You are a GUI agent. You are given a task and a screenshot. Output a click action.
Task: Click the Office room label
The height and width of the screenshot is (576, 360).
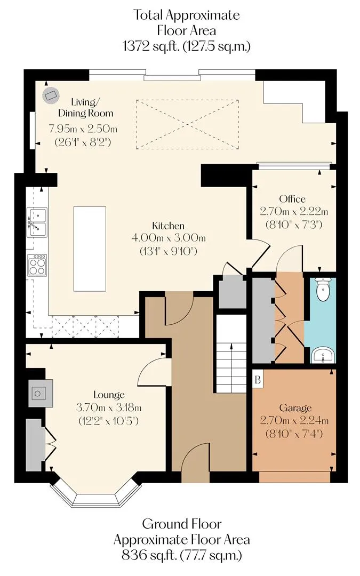point(292,199)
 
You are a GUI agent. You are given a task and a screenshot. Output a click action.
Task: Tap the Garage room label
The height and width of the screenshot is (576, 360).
point(295,408)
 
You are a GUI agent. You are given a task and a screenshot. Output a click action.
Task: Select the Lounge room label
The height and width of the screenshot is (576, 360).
point(109,395)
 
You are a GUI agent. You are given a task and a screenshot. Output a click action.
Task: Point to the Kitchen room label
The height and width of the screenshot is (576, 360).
point(168,226)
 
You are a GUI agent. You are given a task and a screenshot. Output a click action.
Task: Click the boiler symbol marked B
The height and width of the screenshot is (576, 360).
point(258,379)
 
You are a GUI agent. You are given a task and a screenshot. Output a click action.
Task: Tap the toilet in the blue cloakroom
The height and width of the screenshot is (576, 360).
point(323,289)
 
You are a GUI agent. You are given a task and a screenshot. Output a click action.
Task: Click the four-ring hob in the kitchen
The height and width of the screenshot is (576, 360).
point(37,265)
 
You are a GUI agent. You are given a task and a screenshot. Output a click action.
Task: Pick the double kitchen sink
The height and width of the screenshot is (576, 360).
point(37,222)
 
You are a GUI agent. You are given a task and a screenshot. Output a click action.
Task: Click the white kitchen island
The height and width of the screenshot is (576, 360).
point(90,249)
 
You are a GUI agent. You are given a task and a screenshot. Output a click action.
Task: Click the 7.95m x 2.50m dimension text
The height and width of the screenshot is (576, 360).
point(83,129)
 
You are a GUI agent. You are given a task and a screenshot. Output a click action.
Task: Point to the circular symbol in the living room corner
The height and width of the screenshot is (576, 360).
point(50,95)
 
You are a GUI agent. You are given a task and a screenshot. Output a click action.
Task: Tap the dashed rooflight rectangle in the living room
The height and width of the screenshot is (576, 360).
point(187,124)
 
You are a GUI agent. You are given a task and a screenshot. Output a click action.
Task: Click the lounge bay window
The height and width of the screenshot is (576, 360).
point(96,492)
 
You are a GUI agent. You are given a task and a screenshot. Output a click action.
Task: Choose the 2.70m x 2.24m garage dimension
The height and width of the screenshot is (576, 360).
point(294,420)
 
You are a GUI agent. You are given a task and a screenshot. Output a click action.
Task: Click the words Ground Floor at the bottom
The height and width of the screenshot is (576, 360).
point(182,524)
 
